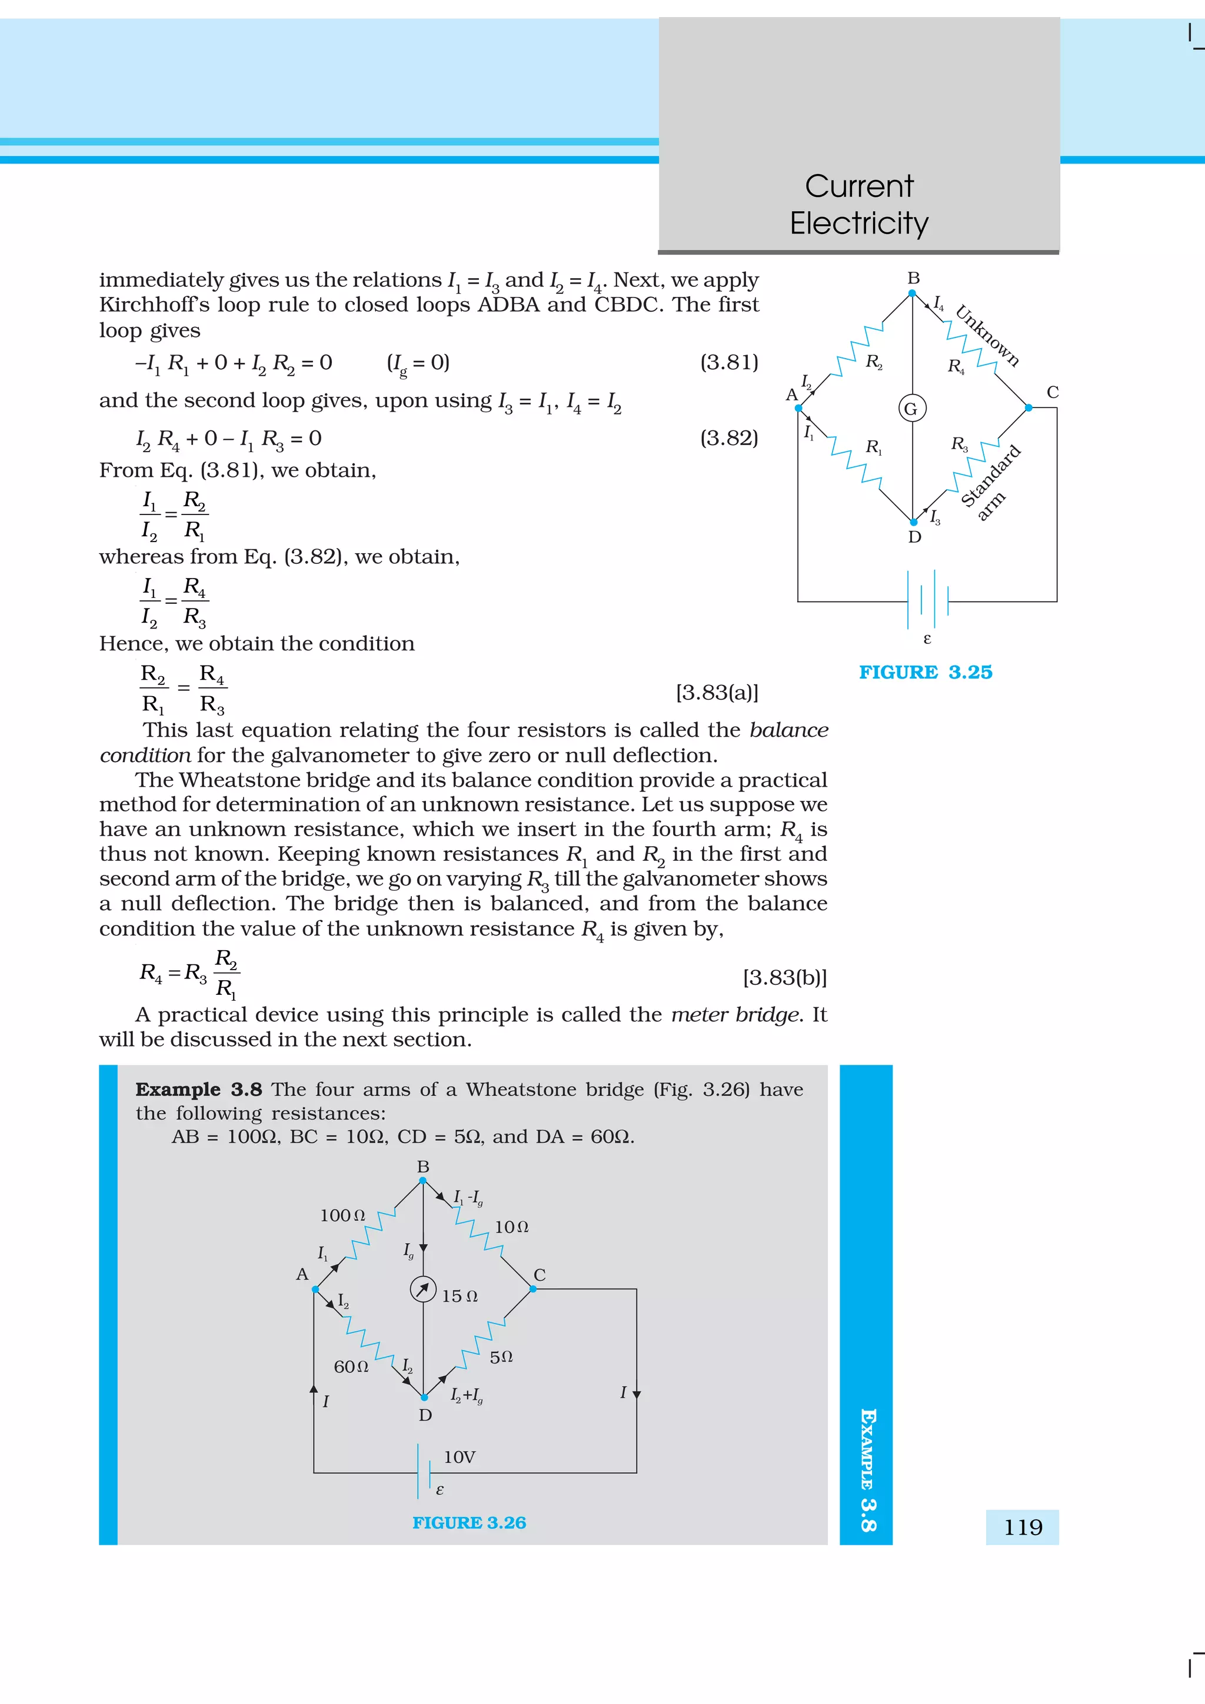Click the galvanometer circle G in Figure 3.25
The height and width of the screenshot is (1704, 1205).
[912, 408]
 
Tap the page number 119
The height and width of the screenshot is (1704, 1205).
[1023, 1528]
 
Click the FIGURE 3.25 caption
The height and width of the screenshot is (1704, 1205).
[925, 673]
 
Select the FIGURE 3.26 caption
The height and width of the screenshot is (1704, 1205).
[468, 1523]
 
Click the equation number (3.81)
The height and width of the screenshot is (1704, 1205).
[728, 362]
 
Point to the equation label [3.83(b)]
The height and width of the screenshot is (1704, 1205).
[784, 977]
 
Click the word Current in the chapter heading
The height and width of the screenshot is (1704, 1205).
[859, 186]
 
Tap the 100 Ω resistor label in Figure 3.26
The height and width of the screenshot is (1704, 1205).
[342, 1215]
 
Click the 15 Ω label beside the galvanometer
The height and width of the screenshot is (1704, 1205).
[460, 1297]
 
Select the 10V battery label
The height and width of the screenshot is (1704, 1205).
[459, 1457]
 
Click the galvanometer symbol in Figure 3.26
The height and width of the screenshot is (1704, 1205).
[423, 1289]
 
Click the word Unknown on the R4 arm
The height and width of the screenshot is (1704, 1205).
[987, 336]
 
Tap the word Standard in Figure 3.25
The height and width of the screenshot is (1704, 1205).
[991, 475]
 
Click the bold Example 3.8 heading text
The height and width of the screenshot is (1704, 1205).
[198, 1090]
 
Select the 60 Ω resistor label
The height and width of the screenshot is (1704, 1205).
[351, 1366]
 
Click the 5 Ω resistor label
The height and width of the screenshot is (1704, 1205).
[501, 1356]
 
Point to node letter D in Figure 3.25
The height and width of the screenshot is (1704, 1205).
[914, 537]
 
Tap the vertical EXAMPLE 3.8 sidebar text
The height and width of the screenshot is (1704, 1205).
[867, 1469]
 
